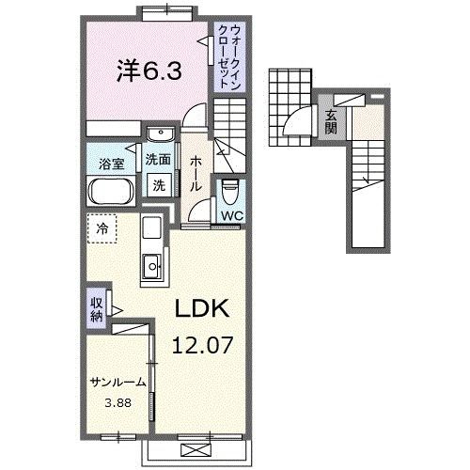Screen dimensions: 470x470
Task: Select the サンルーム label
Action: click(117, 383)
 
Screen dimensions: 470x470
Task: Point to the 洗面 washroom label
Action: click(158, 161)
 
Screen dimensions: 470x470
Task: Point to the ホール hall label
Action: click(196, 174)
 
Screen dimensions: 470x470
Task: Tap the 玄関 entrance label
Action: click(331, 122)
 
